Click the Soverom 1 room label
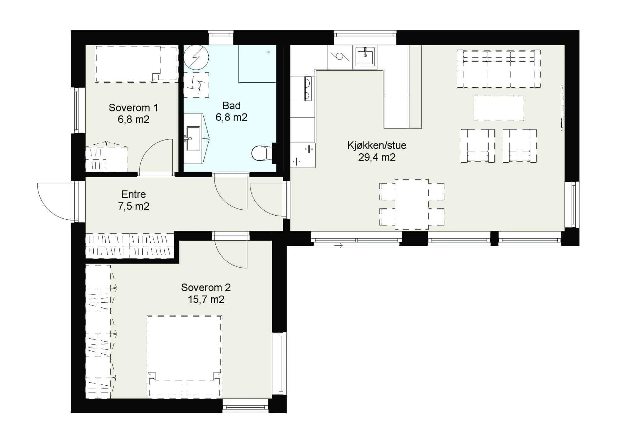tap(133, 108)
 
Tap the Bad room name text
tap(232, 106)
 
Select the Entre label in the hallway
tap(134, 194)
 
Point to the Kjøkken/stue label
tap(377, 146)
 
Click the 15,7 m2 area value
tap(206, 300)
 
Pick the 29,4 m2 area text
tap(377, 157)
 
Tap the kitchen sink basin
tap(365, 56)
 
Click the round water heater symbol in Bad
tap(196, 57)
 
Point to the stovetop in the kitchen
tap(308, 89)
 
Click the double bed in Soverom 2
tap(184, 356)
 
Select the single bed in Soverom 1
tap(136, 64)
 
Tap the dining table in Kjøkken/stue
tap(412, 204)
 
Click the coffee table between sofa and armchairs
tap(499, 108)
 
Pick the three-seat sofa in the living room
tap(499, 69)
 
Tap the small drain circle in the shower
tap(269, 52)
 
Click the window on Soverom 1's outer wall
tap(76, 110)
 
